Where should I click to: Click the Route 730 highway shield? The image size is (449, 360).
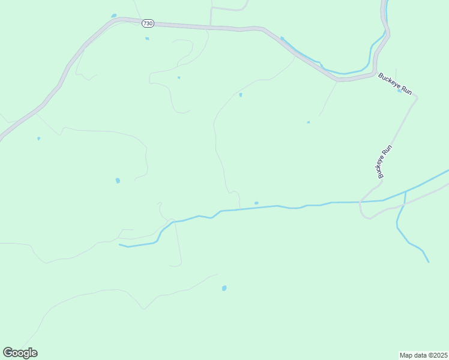(x=148, y=23)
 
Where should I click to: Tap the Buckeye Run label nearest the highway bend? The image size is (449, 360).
(x=394, y=83)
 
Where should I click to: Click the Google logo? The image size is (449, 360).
(x=20, y=353)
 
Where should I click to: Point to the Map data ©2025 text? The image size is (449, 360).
(x=423, y=355)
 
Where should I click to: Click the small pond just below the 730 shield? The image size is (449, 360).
(x=147, y=39)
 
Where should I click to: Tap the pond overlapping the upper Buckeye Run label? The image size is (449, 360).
(x=399, y=91)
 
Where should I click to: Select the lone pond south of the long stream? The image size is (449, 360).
(x=224, y=289)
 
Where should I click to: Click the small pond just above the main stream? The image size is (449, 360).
(x=256, y=203)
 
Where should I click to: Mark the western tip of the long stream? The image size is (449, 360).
(x=120, y=245)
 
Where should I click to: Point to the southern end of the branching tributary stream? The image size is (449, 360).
(x=429, y=262)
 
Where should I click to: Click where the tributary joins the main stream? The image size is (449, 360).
(x=405, y=192)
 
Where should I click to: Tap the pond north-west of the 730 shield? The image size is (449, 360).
(x=113, y=16)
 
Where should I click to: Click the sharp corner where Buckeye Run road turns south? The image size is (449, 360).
(x=415, y=97)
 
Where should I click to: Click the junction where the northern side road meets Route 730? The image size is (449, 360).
(x=210, y=26)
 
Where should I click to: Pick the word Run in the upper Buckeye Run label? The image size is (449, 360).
(x=406, y=89)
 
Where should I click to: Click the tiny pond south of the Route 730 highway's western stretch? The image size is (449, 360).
(x=39, y=139)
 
